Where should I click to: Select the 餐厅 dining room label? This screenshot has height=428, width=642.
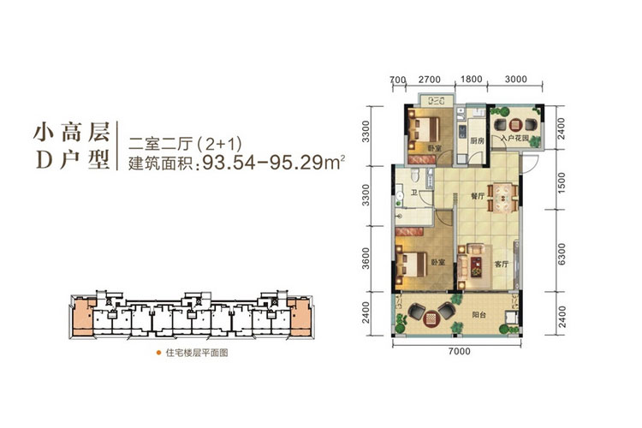click(x=478, y=196)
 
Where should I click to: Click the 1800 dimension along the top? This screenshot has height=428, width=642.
click(x=470, y=79)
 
